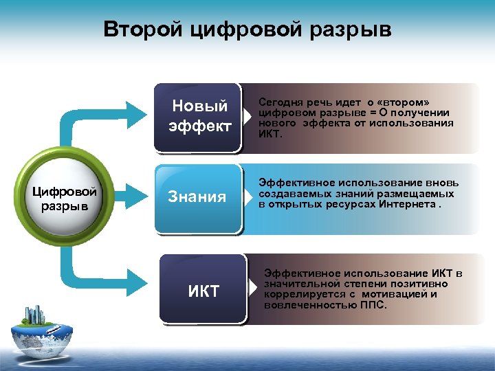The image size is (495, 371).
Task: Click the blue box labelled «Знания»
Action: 197,198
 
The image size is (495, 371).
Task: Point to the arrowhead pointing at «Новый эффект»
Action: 135,107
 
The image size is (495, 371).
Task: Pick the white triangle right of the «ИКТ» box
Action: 253,289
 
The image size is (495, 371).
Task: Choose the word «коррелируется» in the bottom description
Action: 302,294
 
